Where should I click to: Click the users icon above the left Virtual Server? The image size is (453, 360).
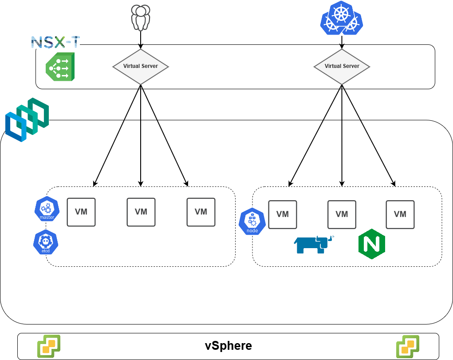tap(141, 17)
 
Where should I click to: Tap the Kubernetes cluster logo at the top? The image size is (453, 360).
tap(342, 18)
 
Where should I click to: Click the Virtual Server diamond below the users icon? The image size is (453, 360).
tap(141, 67)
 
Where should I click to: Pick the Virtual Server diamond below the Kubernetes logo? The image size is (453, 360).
tap(342, 67)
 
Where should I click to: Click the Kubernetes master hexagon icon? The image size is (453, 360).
tap(47, 209)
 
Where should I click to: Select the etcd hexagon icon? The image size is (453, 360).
tap(46, 242)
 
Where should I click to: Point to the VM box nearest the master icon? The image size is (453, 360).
tap(81, 212)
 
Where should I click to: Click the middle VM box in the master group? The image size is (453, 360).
tap(141, 212)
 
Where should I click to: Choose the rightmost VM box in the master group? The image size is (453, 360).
tap(201, 212)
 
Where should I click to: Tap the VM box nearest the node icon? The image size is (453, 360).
tap(283, 214)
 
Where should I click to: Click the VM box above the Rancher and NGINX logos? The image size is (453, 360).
tap(342, 214)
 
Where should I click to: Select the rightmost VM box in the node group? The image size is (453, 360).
tap(400, 214)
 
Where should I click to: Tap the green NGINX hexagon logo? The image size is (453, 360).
tap(371, 244)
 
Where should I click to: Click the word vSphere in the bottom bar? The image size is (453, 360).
tap(228, 346)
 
